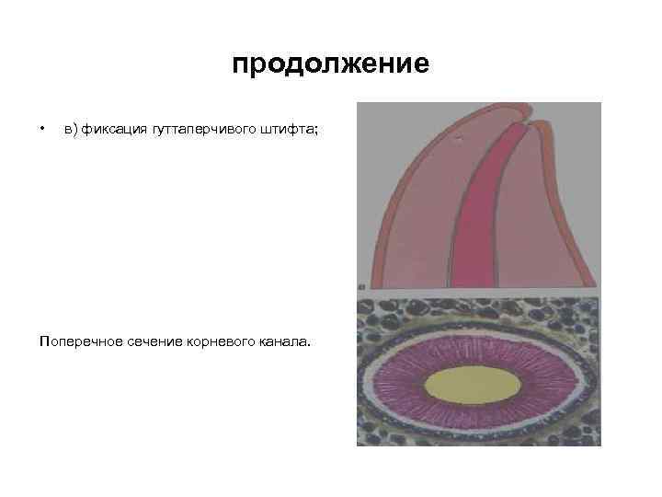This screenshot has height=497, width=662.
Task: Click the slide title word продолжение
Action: tap(330, 65)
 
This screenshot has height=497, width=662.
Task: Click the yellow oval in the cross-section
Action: tap(478, 385)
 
